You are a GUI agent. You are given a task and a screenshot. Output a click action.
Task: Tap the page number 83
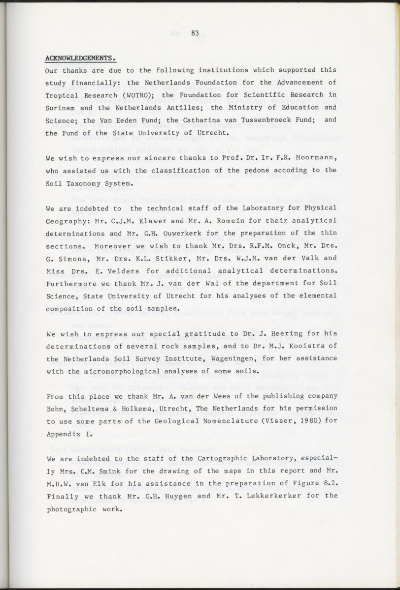point(195,33)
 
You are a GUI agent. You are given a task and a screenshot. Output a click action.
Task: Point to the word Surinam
point(60,107)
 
